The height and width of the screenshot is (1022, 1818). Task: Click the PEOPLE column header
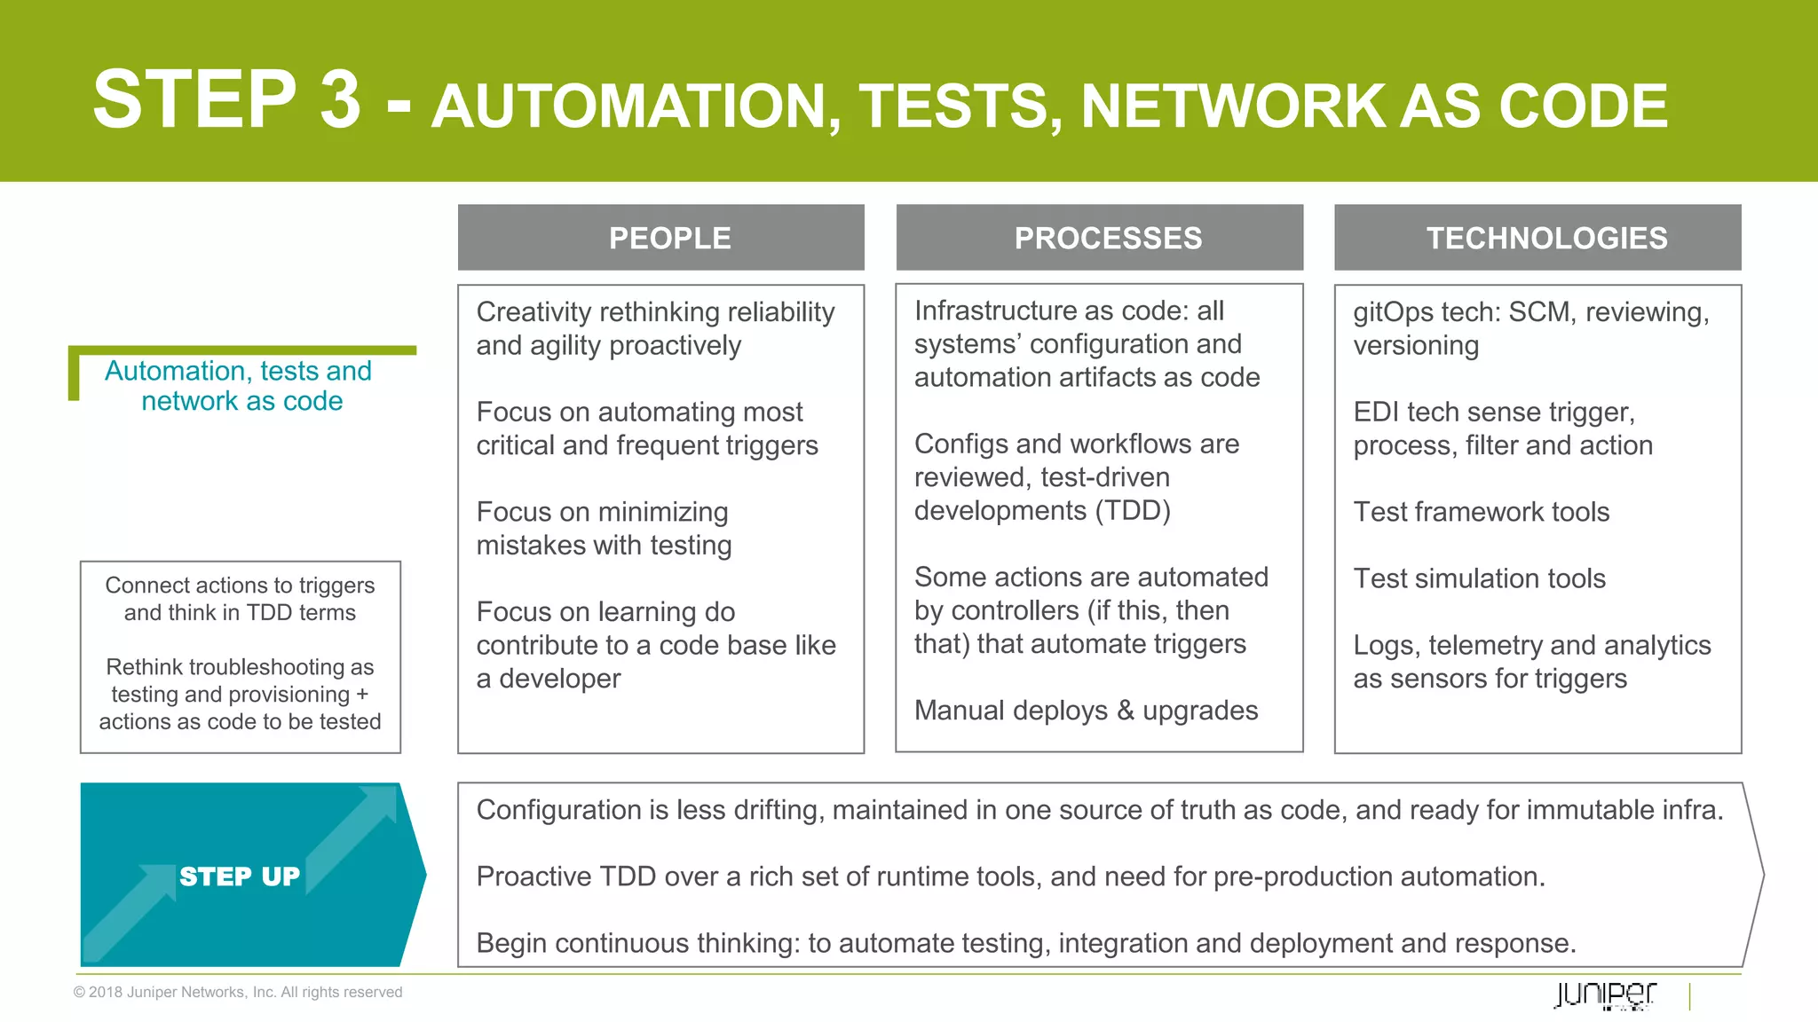tap(669, 238)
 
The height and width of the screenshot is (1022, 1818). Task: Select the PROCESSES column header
tap(1107, 238)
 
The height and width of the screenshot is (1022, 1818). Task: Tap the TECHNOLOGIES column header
tap(1545, 238)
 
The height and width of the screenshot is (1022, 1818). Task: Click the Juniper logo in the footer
tap(1605, 994)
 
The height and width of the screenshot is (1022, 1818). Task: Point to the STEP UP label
tap(240, 877)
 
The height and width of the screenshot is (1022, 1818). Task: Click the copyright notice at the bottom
tap(238, 992)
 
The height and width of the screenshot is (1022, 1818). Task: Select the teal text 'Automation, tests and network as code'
tap(239, 385)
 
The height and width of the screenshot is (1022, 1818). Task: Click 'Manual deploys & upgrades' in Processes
tap(1086, 711)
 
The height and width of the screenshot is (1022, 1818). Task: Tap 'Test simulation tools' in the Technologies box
tap(1479, 578)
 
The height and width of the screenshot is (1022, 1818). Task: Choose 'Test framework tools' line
tap(1481, 512)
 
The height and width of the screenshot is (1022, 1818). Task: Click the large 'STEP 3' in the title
tap(227, 99)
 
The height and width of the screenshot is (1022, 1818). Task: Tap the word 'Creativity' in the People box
tap(534, 312)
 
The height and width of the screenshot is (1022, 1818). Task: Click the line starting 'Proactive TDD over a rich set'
tap(1010, 877)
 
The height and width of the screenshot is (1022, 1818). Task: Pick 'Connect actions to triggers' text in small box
tap(240, 586)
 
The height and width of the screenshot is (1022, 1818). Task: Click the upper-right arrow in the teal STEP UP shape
tap(355, 834)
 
